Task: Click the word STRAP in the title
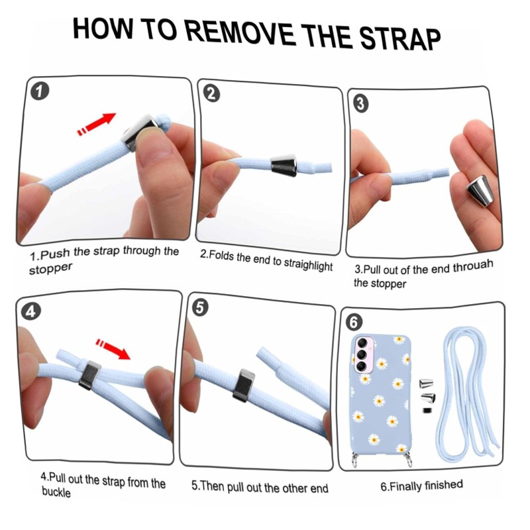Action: click(x=399, y=38)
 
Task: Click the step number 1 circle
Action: click(x=40, y=91)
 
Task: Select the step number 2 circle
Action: click(x=211, y=93)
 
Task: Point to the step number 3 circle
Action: click(x=360, y=103)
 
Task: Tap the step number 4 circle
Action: click(x=30, y=311)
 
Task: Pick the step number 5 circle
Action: click(x=200, y=308)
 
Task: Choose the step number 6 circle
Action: click(x=354, y=322)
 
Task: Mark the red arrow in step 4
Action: click(x=113, y=348)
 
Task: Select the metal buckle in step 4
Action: click(x=90, y=375)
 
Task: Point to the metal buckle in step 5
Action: click(x=244, y=386)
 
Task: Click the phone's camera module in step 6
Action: click(x=363, y=354)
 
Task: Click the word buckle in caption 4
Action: click(x=56, y=492)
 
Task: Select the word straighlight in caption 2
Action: click(x=308, y=264)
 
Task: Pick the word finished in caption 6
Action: click(x=443, y=485)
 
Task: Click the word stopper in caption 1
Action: click(x=50, y=269)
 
